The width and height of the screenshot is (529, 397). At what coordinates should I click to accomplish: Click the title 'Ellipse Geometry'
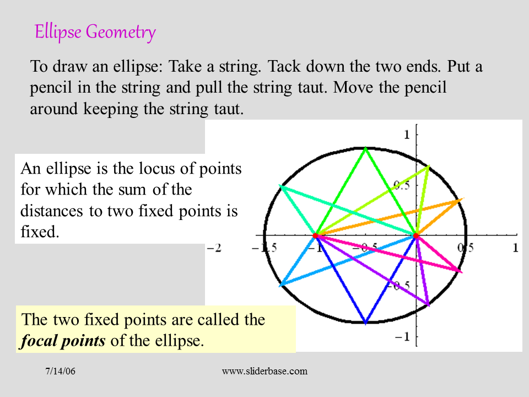(x=95, y=32)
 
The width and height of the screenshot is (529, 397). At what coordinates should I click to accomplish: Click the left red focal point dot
(x=315, y=235)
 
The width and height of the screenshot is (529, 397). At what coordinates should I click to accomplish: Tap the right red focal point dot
(x=416, y=235)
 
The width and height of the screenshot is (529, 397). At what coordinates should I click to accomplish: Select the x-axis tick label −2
(x=214, y=248)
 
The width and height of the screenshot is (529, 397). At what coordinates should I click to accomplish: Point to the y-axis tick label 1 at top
(x=407, y=135)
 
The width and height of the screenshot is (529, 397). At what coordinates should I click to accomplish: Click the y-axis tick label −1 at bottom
(x=403, y=337)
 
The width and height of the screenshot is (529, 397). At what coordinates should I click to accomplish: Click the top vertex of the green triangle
(x=366, y=148)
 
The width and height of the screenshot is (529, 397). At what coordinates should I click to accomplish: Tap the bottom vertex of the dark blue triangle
(x=366, y=323)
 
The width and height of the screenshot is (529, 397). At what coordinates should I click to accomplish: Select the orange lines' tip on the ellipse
(x=462, y=199)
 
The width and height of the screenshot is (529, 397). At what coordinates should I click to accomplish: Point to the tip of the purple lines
(x=428, y=305)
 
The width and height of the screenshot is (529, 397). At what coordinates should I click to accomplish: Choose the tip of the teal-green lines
(x=280, y=186)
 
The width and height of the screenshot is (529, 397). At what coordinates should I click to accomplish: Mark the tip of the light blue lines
(x=280, y=285)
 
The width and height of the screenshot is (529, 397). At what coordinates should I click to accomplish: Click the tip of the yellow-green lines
(x=429, y=165)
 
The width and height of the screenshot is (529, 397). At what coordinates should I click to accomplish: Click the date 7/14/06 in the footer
(x=60, y=372)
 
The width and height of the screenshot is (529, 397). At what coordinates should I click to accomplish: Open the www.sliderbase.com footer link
(x=264, y=372)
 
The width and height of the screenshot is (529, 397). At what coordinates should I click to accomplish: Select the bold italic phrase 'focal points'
(x=63, y=340)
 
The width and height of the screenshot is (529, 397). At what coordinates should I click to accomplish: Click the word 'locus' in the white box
(x=129, y=169)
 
